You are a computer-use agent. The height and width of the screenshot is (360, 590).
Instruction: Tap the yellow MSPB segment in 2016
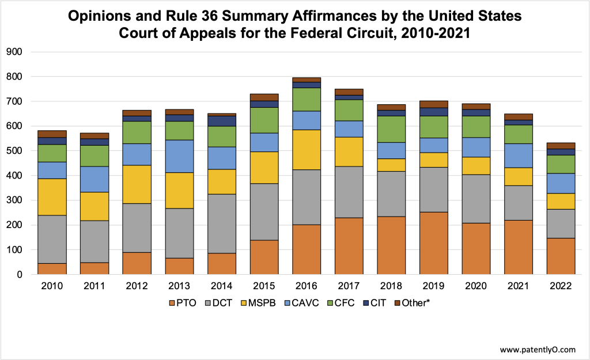click(308, 150)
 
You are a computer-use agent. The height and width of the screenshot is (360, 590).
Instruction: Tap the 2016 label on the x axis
click(308, 286)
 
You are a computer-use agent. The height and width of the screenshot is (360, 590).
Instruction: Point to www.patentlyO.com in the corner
click(537, 350)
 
